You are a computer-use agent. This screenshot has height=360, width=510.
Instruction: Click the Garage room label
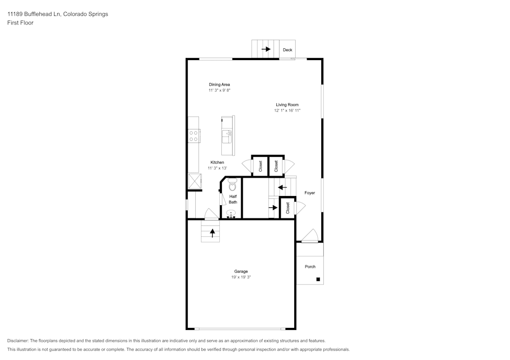click(241, 271)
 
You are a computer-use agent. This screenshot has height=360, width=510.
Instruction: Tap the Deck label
click(288, 50)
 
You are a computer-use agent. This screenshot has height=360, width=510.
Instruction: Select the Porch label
click(310, 266)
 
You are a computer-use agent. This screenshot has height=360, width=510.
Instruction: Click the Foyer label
click(310, 193)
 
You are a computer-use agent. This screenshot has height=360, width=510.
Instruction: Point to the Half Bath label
click(233, 199)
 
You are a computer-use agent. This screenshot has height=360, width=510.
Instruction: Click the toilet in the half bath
click(232, 184)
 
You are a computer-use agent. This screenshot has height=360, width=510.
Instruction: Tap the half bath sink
click(231, 214)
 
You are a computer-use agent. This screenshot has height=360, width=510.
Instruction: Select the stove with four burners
click(194, 135)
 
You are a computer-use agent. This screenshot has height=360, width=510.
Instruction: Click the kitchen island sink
click(227, 136)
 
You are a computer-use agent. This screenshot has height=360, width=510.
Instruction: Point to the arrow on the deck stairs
click(266, 49)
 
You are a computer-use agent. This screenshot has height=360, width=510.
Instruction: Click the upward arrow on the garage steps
click(212, 233)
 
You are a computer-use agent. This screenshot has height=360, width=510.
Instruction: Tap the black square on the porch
click(318, 279)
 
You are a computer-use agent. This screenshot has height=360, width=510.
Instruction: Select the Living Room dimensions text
click(287, 110)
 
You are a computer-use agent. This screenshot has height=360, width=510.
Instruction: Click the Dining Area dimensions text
click(219, 90)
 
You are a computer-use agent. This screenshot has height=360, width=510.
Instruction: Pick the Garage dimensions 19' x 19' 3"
click(241, 277)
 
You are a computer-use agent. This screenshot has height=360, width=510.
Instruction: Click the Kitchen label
click(217, 162)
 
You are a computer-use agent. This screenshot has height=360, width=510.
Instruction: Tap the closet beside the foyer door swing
click(288, 208)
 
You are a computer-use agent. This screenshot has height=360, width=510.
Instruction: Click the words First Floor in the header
click(20, 23)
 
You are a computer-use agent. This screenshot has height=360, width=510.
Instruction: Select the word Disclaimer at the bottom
click(18, 341)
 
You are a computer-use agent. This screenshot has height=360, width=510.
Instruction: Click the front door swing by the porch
click(310, 236)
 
